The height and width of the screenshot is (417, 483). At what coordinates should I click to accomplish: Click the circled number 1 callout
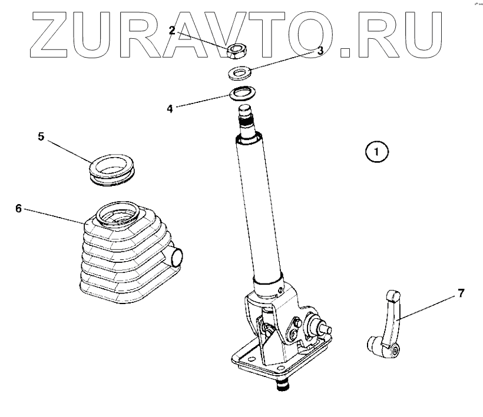tap(377, 151)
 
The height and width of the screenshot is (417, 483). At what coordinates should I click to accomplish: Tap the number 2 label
tap(172, 30)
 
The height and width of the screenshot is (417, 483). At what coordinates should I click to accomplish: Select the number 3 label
tap(320, 51)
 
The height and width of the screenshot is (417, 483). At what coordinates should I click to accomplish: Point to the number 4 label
tap(170, 109)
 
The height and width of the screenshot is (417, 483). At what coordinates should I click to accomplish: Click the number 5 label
tap(41, 136)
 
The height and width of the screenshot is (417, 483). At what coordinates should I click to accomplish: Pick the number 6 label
tap(18, 208)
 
